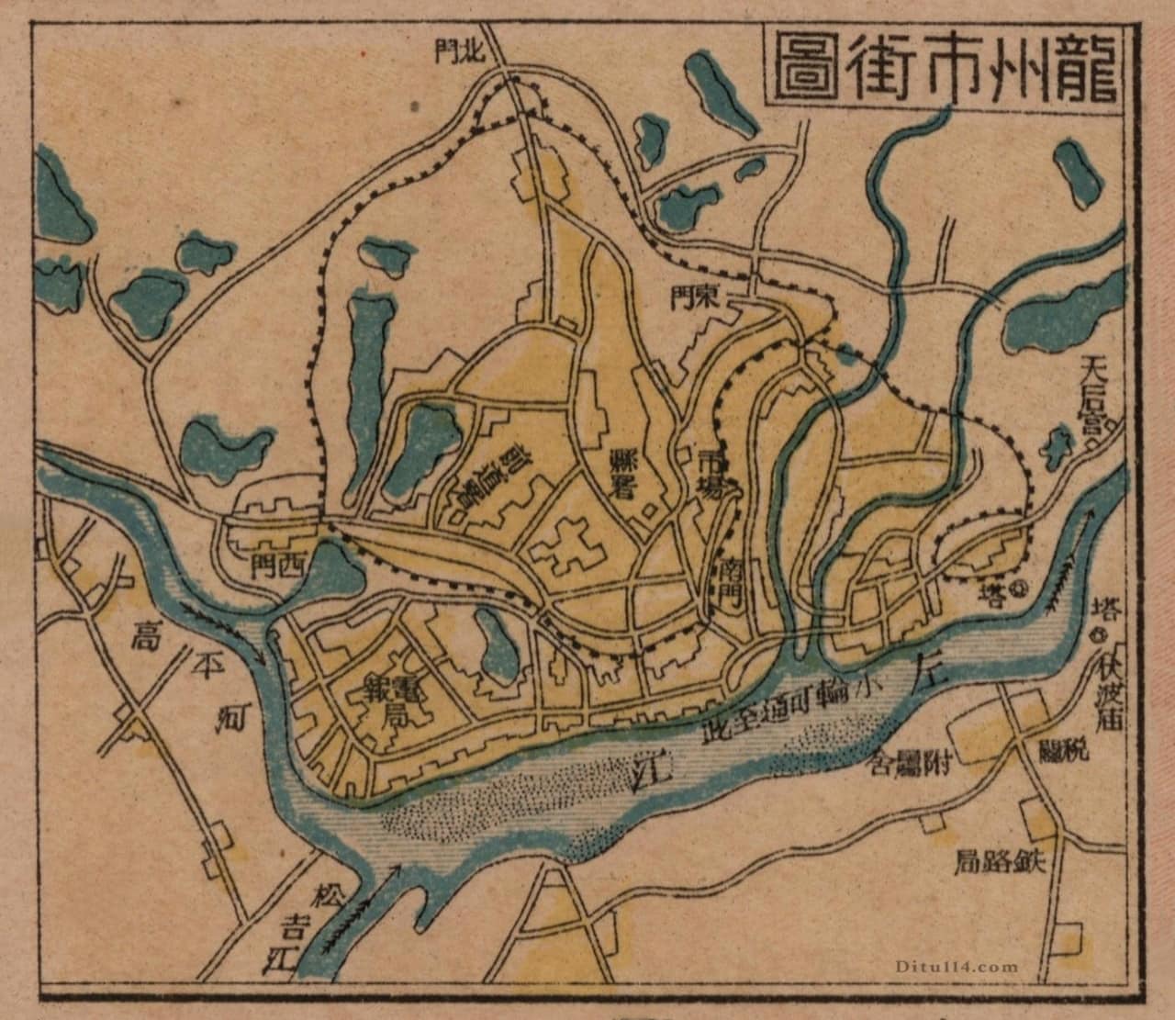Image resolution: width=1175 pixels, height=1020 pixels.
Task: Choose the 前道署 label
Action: [x=489, y=474]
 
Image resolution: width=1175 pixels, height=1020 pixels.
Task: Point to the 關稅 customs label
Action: [x=1063, y=751]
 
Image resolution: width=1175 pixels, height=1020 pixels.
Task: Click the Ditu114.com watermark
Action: [x=963, y=967]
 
